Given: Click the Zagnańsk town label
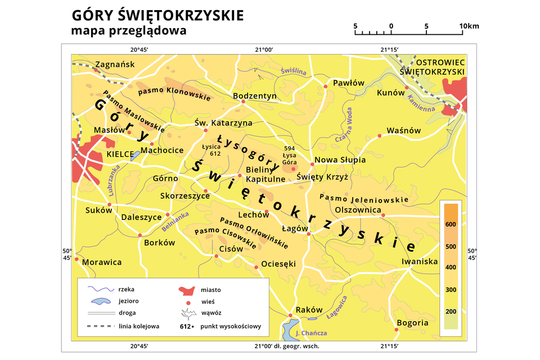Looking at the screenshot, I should coord(115,64).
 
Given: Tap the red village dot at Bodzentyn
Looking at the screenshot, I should coord(243,102).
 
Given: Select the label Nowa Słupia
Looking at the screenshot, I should coord(340,160).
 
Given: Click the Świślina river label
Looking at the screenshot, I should coord(293,71).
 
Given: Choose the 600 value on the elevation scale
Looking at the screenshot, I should coord(450,224).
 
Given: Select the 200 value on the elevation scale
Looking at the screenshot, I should coord(450,312).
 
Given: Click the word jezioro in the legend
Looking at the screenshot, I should coord(129,300).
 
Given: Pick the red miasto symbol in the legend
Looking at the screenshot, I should coord(187,290).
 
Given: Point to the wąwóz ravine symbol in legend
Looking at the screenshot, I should coord(187,313).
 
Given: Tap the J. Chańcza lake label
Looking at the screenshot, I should coord(311,333).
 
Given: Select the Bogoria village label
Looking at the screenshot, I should coord(412,323).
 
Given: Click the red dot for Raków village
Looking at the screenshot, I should coord(290,315).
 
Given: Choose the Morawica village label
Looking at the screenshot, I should coord(102,262).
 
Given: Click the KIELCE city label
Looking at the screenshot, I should coord(120,154).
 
